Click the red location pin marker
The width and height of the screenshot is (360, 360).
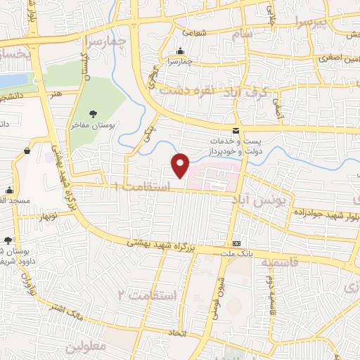pyautogui.click(x=181, y=165)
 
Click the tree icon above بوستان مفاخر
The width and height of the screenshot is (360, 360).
pyautogui.click(x=94, y=112)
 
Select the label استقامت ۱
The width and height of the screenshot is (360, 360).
pyautogui.click(x=147, y=186)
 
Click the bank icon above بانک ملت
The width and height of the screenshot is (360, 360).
pyautogui.click(x=236, y=236)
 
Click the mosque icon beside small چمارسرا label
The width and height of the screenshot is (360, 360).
pyautogui.click(x=181, y=51)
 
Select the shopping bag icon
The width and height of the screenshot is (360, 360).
pyautogui.click(x=27, y=150)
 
